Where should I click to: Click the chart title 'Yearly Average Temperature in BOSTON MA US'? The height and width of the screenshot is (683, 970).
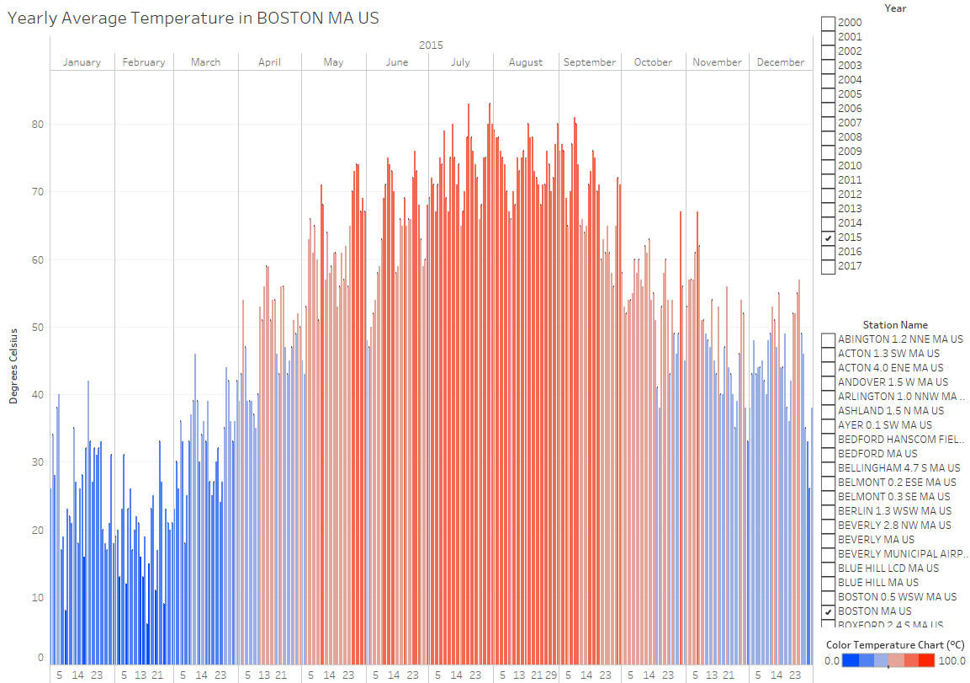pos(193,18)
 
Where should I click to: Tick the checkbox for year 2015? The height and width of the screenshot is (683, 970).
pos(829,238)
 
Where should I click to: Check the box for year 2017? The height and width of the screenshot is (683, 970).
pos(829,267)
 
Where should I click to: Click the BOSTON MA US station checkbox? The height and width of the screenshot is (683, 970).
pos(829,611)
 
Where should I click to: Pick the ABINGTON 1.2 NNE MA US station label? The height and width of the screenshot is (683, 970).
pos(900,339)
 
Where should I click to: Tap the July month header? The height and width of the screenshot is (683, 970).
pos(460,62)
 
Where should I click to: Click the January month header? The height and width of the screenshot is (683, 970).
pos(82,62)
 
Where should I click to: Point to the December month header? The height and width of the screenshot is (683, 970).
pos(781,62)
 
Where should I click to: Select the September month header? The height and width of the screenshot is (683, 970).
pos(590,62)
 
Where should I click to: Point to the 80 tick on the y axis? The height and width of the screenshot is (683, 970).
pos(38,125)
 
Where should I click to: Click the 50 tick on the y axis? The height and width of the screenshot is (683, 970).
pos(38,328)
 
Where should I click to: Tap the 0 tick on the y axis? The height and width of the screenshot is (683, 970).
pos(40,658)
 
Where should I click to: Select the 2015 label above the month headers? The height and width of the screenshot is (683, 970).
pos(431,45)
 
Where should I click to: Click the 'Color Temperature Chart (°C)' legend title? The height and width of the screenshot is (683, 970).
pos(895,645)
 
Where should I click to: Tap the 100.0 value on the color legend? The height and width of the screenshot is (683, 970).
pos(952,661)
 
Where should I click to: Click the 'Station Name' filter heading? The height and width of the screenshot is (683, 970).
pos(895,325)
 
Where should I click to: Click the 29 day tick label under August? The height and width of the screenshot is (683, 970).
pos(551,675)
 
